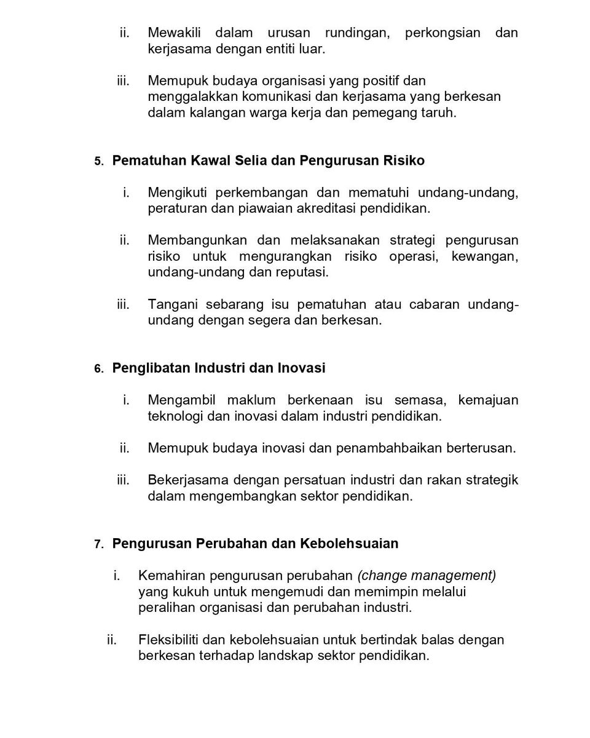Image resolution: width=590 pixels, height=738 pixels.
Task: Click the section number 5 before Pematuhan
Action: point(99,162)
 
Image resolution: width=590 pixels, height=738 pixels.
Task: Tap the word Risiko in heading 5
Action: point(404,161)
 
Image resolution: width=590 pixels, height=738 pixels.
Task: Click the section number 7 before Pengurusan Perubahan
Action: point(99,545)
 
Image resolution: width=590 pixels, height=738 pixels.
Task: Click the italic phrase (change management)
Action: point(427,576)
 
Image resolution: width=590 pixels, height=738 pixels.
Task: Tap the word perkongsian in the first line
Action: point(442,33)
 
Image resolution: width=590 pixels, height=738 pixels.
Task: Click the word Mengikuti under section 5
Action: point(177,192)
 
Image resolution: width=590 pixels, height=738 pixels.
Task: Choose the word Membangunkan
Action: point(197,240)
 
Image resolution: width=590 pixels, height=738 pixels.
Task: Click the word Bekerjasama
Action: point(188,480)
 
